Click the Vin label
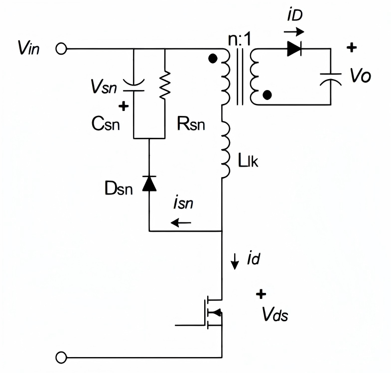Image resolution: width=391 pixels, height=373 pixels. point(28,48)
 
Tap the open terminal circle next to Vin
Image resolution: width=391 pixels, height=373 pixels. point(61,49)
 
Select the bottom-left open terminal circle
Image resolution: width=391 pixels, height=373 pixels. point(61,358)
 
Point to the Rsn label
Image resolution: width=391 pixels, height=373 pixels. point(191,124)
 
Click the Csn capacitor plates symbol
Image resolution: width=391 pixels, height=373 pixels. point(134,85)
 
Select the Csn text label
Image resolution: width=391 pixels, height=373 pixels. point(106,124)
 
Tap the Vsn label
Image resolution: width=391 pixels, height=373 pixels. point(104,87)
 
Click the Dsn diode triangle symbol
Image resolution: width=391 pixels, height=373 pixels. point(149,183)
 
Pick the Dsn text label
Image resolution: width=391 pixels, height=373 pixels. point(119,188)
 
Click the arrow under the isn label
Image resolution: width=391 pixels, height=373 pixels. point(181,222)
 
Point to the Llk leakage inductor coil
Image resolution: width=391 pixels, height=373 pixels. point(226,149)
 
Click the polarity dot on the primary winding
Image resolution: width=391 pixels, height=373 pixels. point(213,59)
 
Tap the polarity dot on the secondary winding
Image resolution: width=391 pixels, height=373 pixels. point(267,95)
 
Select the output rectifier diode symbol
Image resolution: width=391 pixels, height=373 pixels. point(294,49)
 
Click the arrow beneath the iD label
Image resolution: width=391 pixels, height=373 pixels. point(294,32)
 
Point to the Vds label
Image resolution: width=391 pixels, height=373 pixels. point(275,314)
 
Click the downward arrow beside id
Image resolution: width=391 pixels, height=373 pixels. point(235,262)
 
